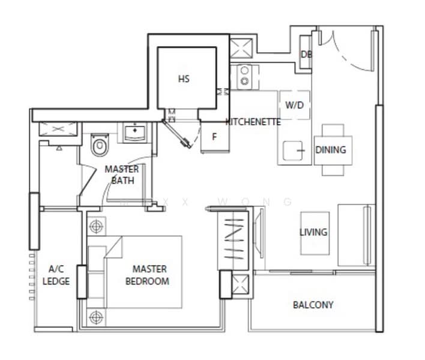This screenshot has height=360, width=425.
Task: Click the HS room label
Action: click(x=184, y=79)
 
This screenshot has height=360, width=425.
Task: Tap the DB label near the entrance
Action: click(x=306, y=55)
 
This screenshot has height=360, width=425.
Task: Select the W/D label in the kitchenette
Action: click(x=294, y=106)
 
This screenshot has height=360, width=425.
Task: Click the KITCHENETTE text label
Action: click(x=253, y=122)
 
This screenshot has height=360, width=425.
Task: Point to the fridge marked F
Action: click(x=214, y=136)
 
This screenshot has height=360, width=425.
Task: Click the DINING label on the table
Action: click(x=331, y=149)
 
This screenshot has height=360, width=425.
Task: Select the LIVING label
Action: click(x=313, y=232)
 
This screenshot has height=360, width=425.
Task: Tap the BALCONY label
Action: click(x=313, y=305)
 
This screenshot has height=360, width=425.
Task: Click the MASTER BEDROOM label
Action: click(x=150, y=275)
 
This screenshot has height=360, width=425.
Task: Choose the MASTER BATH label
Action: click(x=121, y=175)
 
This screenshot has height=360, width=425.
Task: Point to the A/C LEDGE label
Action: click(x=59, y=275)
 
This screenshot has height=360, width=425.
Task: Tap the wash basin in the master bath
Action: click(x=136, y=131)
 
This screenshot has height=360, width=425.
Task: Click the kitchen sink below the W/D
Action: click(x=292, y=150)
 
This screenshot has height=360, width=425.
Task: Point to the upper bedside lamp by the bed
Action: click(x=95, y=227)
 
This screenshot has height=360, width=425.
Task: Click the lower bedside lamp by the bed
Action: click(x=95, y=316)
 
